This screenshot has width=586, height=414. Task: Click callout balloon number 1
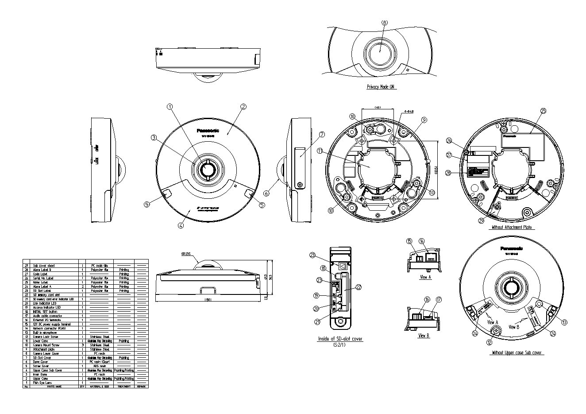click(169, 107)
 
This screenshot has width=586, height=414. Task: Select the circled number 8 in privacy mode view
click(384, 22)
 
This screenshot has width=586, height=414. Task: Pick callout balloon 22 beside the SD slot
click(359, 287)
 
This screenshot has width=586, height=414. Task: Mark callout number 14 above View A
click(421, 240)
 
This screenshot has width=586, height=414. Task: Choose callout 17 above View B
click(439, 299)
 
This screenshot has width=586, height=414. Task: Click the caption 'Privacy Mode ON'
click(381, 87)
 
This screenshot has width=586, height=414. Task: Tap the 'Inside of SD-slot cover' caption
click(340, 339)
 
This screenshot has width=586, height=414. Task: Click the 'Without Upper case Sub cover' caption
click(517, 353)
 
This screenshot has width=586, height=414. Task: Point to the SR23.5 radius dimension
click(186, 255)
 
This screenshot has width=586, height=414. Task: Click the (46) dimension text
click(378, 107)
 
